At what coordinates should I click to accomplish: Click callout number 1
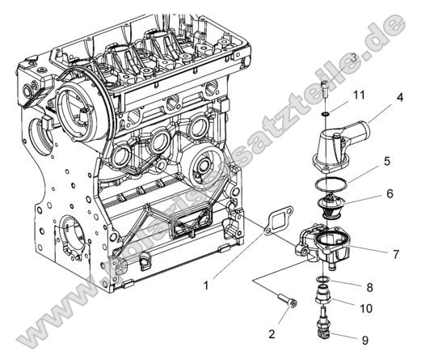(x=207, y=285)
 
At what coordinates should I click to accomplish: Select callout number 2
(x=272, y=332)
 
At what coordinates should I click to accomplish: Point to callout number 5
(x=387, y=161)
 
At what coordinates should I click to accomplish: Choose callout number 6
(x=389, y=194)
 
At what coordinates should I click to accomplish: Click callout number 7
(x=395, y=254)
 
